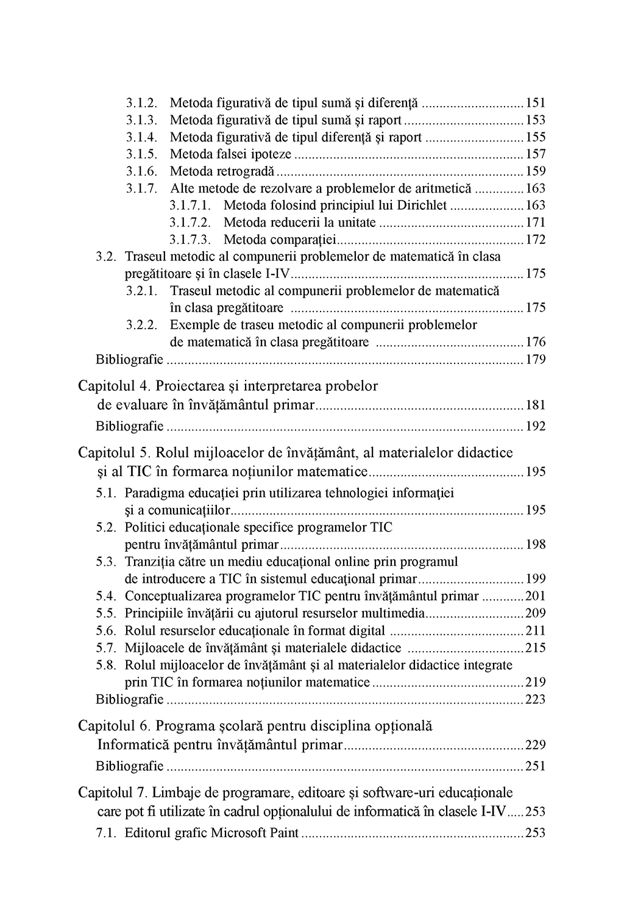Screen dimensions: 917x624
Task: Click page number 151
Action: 536,103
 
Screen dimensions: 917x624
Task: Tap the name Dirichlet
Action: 422,205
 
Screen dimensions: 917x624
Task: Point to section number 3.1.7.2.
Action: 190,223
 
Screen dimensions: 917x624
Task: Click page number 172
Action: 536,240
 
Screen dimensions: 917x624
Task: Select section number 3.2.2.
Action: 143,325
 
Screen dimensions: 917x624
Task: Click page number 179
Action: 536,359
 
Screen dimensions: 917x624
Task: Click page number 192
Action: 536,426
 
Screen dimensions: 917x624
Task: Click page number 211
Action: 536,630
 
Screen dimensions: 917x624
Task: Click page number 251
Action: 536,766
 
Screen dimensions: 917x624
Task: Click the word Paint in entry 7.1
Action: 283,833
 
